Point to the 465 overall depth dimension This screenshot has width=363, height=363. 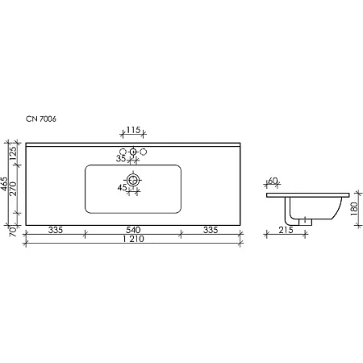point(5,186)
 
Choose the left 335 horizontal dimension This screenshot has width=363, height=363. point(56,231)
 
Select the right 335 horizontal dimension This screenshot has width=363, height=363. point(210,231)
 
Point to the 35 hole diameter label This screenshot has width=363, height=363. point(121,160)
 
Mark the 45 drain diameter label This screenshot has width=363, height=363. point(122,188)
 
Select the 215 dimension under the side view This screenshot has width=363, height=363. point(283,232)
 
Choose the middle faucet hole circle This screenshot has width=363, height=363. point(133,152)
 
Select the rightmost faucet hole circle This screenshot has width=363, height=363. point(144,152)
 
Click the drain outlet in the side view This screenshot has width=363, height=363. point(306,222)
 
